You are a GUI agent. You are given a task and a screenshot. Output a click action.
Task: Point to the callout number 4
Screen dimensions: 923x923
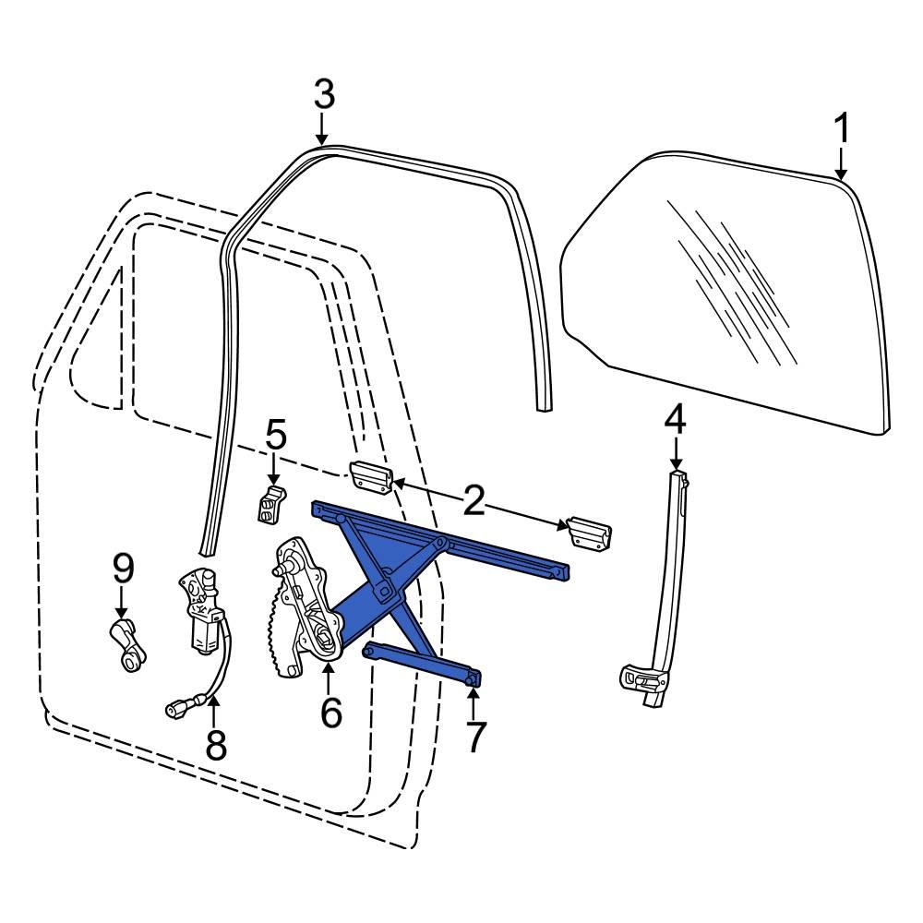coord(676,420)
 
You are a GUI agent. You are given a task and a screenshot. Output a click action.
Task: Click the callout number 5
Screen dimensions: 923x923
coord(276,435)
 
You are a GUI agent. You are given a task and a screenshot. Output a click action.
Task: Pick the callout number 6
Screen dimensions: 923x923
coord(330,712)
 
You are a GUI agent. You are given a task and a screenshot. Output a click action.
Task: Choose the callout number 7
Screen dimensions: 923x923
coord(473,737)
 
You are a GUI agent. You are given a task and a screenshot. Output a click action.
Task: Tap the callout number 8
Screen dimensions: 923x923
coord(215,744)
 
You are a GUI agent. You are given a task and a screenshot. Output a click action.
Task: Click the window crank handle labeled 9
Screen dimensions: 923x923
coord(126,642)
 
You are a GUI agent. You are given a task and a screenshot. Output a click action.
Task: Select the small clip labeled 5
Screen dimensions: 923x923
coord(269,504)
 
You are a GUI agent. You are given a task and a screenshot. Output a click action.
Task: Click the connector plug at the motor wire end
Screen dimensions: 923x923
coord(175,709)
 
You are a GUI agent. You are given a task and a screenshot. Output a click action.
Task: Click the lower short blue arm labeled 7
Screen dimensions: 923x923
coord(423,665)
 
